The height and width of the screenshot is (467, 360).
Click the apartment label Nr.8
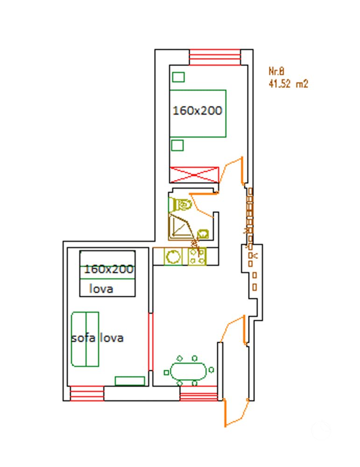pyautogui.click(x=276, y=71)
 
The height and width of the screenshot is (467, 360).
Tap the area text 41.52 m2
pyautogui.click(x=288, y=84)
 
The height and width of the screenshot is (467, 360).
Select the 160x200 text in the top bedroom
pyautogui.click(x=197, y=111)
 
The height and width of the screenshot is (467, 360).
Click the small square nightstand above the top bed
pyautogui.click(x=178, y=77)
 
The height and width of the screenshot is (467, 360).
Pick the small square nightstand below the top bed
pyautogui.click(x=177, y=145)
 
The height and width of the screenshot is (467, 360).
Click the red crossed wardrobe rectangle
pyautogui.click(x=194, y=174)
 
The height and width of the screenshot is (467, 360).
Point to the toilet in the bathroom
pyautogui.click(x=181, y=205)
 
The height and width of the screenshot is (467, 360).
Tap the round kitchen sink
pyautogui.click(x=173, y=256)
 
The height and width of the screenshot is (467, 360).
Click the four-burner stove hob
pyautogui.click(x=197, y=256)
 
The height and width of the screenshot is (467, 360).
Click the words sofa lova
pyautogui.click(x=97, y=338)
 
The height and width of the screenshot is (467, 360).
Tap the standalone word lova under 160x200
pyautogui.click(x=101, y=289)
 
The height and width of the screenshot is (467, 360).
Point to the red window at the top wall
pyautogui.click(x=215, y=57)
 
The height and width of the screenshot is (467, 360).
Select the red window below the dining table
pyautogui.click(x=198, y=393)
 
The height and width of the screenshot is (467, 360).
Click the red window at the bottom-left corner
pyautogui.click(x=86, y=393)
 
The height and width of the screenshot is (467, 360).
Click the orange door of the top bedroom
pyautogui.click(x=232, y=170)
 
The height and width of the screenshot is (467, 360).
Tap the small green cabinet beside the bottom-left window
pyautogui.click(x=130, y=381)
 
